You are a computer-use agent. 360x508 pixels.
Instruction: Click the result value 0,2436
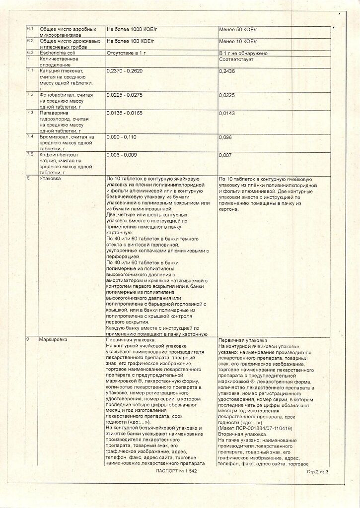[x=227, y=71]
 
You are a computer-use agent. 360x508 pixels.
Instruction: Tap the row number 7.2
[x=30, y=94]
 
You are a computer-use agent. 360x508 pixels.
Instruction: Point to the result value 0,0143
[x=227, y=113]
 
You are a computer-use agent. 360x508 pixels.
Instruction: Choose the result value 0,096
[x=225, y=137]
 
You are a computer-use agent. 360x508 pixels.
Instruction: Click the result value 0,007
[x=225, y=155]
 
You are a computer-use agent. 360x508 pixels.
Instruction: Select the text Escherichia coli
[x=59, y=53]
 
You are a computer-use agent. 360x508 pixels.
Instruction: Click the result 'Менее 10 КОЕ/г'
[x=238, y=41]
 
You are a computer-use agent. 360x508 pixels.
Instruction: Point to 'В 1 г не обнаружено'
[x=243, y=53]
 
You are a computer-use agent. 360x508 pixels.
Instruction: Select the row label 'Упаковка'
[x=51, y=179]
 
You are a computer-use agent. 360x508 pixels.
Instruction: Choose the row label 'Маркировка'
[x=53, y=340]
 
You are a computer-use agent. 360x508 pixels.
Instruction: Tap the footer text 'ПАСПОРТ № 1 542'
[x=176, y=472]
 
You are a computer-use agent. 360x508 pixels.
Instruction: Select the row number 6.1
[x=30, y=29]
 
